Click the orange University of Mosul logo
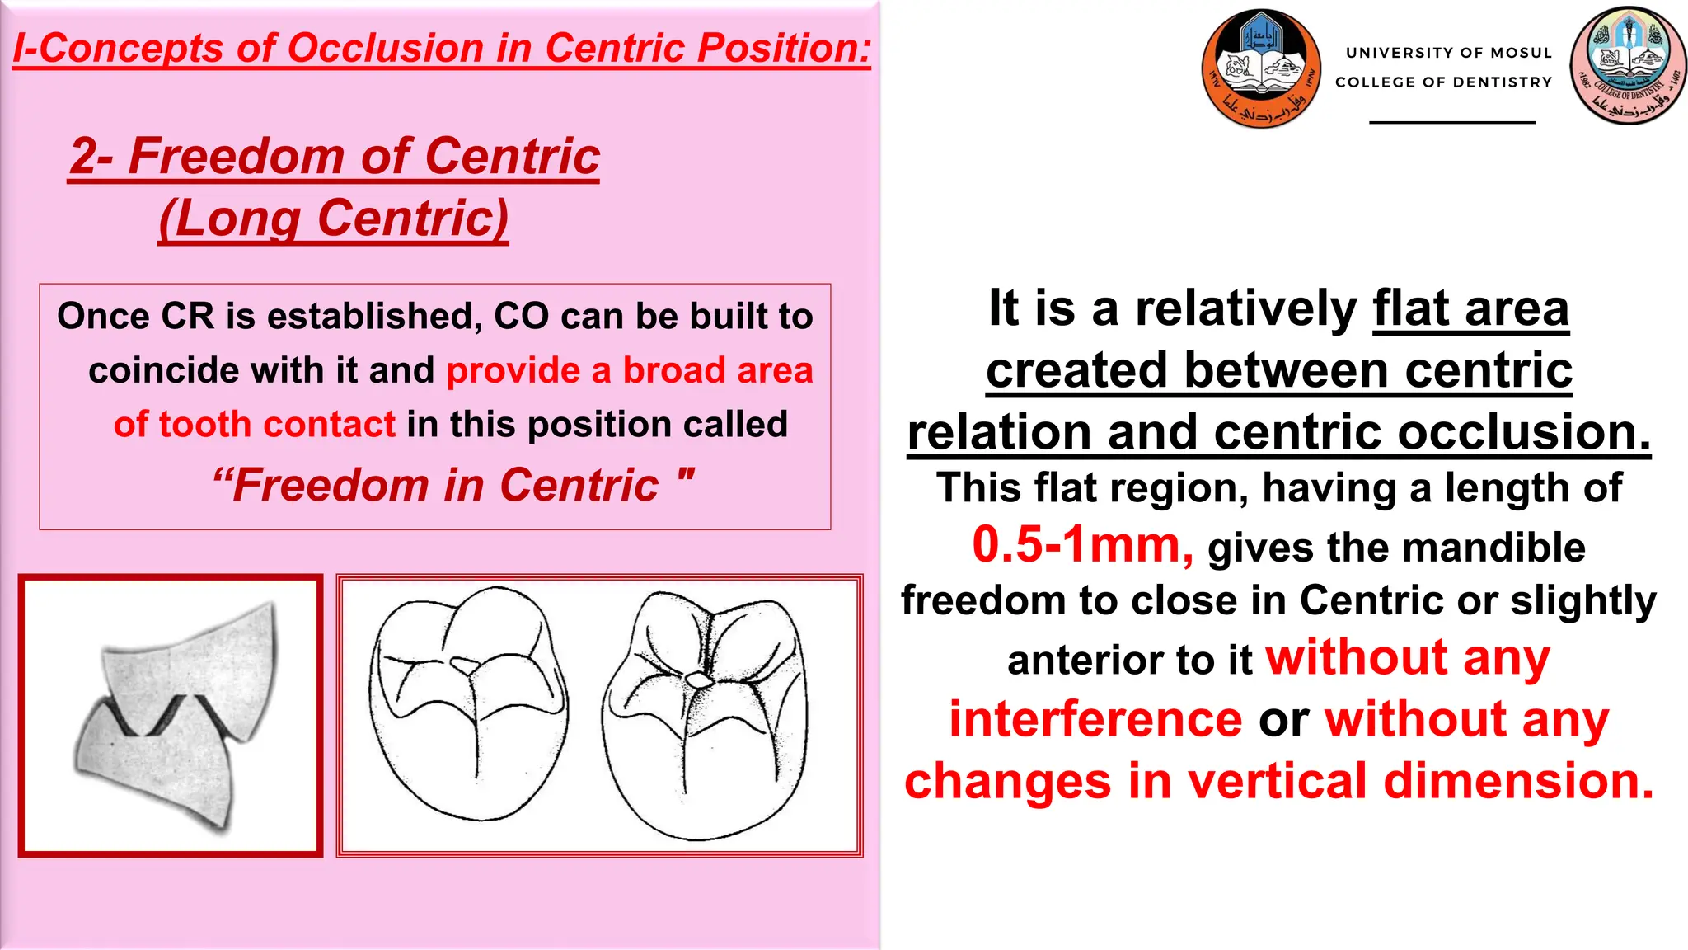(1261, 68)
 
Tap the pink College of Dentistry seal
(1628, 65)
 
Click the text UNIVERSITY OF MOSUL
(1448, 53)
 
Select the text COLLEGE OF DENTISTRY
(1443, 82)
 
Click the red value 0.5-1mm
(1082, 545)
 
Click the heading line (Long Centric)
(334, 219)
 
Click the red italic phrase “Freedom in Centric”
(452, 485)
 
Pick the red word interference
(1095, 719)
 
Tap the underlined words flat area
(1470, 309)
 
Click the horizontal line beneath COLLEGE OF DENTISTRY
(1451, 122)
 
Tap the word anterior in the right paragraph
(1069, 661)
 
